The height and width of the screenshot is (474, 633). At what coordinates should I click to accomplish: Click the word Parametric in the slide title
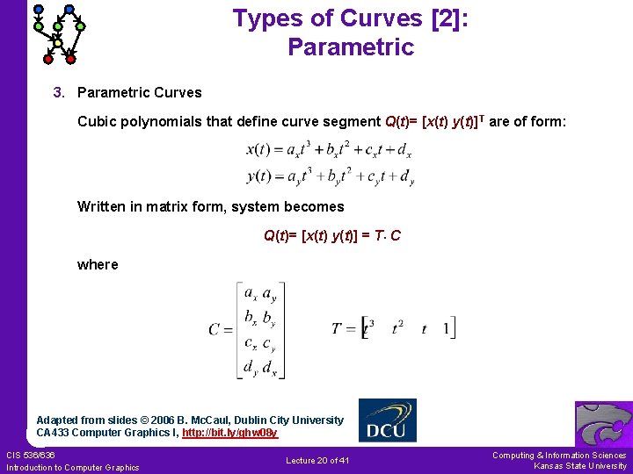[x=350, y=47]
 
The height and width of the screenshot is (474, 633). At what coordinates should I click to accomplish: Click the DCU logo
[x=388, y=421]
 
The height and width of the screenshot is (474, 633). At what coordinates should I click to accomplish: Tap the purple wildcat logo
[x=603, y=425]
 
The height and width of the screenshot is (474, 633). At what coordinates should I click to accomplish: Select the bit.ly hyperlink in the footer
[x=229, y=433]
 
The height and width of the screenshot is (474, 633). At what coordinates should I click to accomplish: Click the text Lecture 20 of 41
[x=317, y=461]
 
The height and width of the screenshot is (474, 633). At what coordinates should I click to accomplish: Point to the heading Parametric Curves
[x=140, y=92]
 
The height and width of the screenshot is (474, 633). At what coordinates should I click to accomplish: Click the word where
[x=98, y=264]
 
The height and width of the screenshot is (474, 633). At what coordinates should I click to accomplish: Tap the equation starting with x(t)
[x=330, y=150]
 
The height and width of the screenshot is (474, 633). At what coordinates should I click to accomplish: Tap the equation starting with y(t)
[x=330, y=176]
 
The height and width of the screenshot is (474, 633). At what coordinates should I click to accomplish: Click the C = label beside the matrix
[x=221, y=330]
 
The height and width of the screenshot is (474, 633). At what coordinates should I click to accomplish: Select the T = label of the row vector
[x=343, y=329]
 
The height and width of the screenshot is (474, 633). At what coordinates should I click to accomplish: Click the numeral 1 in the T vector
[x=447, y=329]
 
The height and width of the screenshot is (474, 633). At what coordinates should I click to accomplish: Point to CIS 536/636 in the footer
[x=31, y=455]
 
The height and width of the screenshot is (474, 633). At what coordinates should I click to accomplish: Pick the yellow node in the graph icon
[x=58, y=42]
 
